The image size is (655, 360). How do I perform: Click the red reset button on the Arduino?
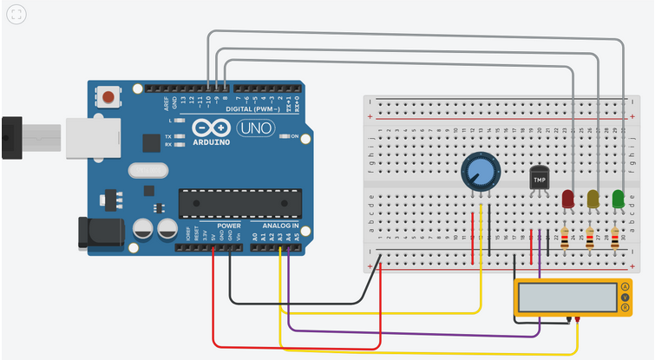point(108,96)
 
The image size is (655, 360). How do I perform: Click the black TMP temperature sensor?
point(540,180)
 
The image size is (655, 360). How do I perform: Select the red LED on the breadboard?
point(568,198)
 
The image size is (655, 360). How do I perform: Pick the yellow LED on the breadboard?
point(593,198)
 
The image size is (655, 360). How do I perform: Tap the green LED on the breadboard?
point(619,198)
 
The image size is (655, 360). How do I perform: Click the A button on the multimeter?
point(625,287)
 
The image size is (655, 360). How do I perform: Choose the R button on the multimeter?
point(625,308)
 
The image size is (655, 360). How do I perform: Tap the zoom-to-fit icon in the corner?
point(16,15)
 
